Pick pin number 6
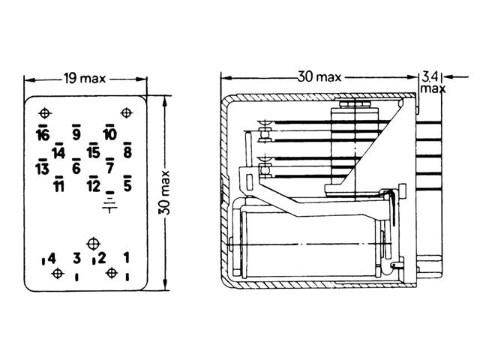(76, 168)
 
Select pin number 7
(110, 168)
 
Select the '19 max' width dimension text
(85, 79)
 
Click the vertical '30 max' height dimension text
(164, 193)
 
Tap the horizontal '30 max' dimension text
(319, 76)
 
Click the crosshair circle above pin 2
(93, 244)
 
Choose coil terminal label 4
(52, 259)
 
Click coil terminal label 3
(76, 259)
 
